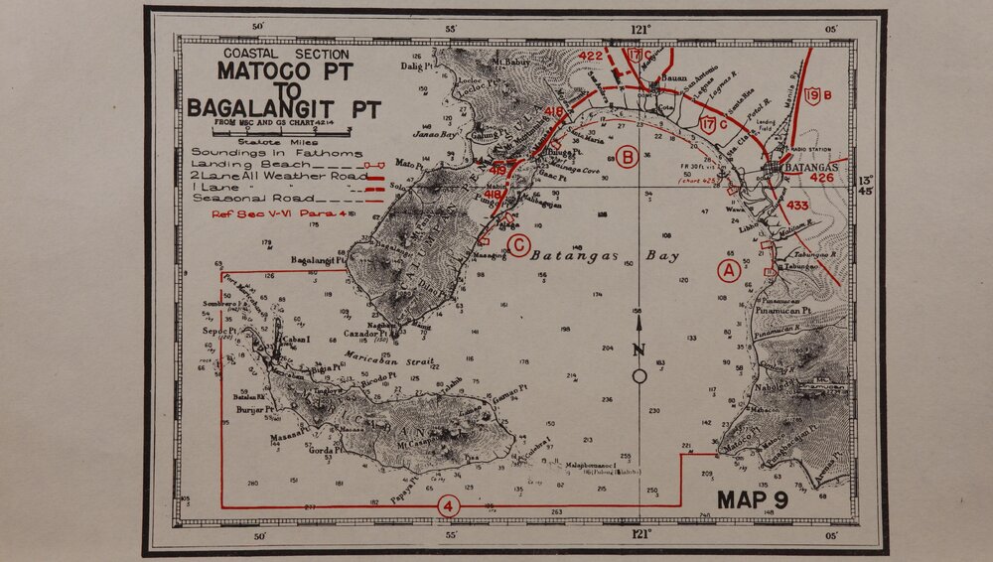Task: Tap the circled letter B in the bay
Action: pyautogui.click(x=627, y=156)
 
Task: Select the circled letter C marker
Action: pyautogui.click(x=518, y=245)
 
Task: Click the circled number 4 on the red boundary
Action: pyautogui.click(x=449, y=506)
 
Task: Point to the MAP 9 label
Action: pyautogui.click(x=753, y=499)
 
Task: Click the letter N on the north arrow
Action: pyautogui.click(x=639, y=349)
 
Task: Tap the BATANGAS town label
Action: pyautogui.click(x=812, y=168)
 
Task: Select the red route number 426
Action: pyautogui.click(x=822, y=179)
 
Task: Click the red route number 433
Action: pyautogui.click(x=797, y=207)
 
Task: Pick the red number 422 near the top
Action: pyautogui.click(x=591, y=57)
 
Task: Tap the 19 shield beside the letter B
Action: pyautogui.click(x=812, y=96)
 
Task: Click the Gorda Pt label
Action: pyautogui.click(x=326, y=450)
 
